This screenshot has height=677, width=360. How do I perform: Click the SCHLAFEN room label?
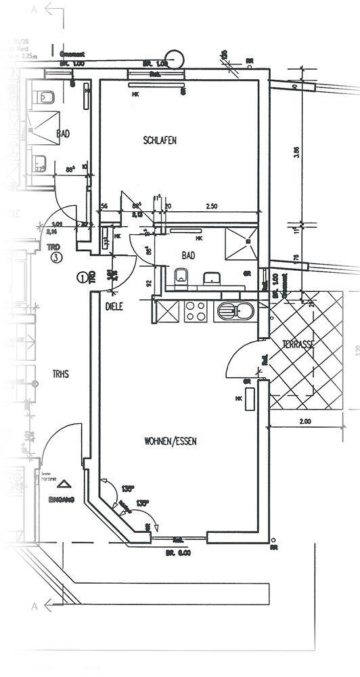[x=160, y=141]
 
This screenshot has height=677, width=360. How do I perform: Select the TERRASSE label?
[x=298, y=345]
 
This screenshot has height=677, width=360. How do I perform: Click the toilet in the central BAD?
[x=181, y=277]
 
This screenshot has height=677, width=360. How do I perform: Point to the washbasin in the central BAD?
[x=212, y=278]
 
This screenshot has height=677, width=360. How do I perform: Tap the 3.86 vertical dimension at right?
[x=296, y=152]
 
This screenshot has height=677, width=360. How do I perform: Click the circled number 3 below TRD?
[x=58, y=257]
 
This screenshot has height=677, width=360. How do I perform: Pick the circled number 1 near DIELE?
[x=83, y=276]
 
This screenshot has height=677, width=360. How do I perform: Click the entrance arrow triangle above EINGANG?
[x=64, y=484]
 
